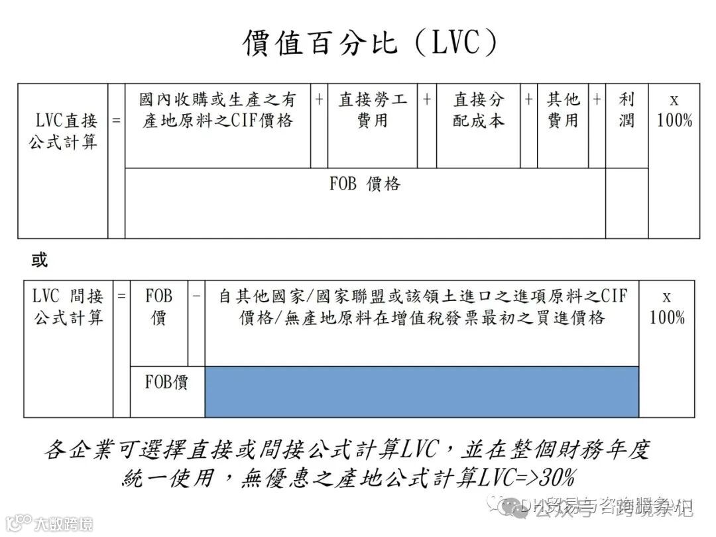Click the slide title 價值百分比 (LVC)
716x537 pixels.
click(369, 44)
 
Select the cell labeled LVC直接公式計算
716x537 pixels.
click(63, 131)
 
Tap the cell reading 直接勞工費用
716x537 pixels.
click(372, 110)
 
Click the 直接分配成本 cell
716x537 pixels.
click(478, 110)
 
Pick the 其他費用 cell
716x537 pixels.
click(562, 110)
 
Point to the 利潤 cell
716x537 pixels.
click(626, 110)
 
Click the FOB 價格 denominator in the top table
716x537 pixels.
click(365, 184)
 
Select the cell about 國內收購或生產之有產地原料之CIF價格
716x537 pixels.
click(217, 110)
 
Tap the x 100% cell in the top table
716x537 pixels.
click(674, 111)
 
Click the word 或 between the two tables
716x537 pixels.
click(39, 261)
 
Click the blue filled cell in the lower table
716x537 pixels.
click(422, 391)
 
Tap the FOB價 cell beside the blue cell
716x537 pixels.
click(166, 383)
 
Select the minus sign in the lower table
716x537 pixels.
click(196, 296)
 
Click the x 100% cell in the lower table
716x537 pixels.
click(666, 307)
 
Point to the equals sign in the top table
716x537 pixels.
click(116, 121)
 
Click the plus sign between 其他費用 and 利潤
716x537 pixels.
click(597, 99)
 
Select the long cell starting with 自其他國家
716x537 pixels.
click(422, 306)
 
